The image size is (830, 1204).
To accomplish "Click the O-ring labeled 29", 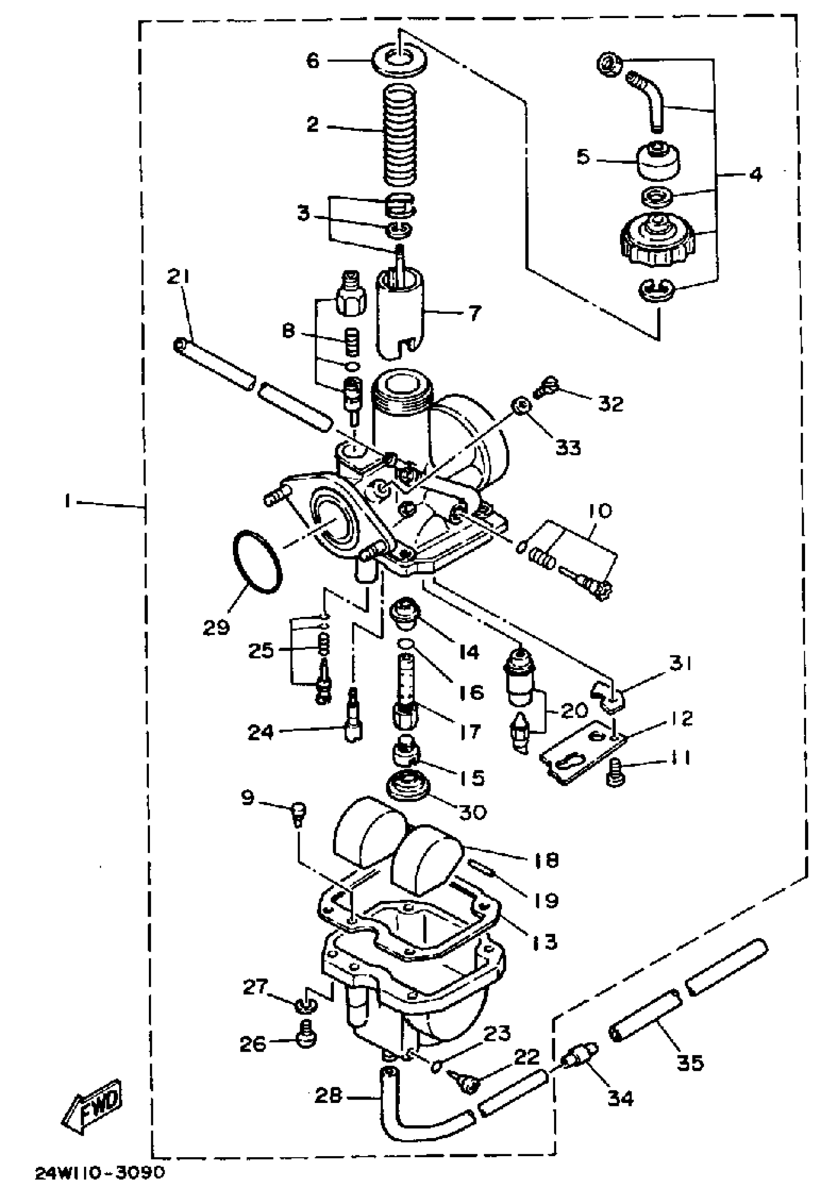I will (256, 560).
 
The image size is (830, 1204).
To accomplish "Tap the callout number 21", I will (179, 277).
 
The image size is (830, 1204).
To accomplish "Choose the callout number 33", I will (567, 447).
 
